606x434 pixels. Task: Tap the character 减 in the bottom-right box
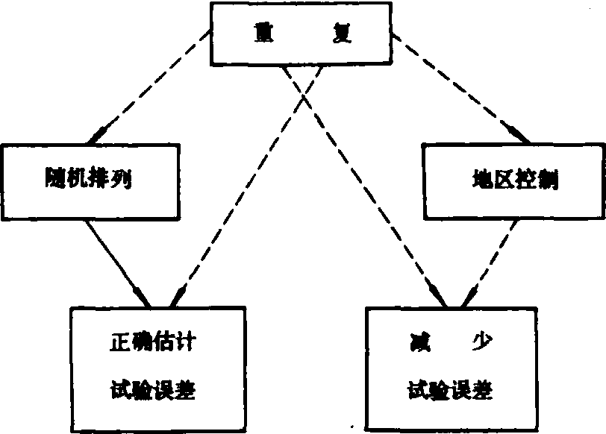click(410, 343)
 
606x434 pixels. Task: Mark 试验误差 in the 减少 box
click(446, 389)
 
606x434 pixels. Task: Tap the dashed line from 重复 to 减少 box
click(366, 186)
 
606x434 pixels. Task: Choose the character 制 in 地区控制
click(548, 179)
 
